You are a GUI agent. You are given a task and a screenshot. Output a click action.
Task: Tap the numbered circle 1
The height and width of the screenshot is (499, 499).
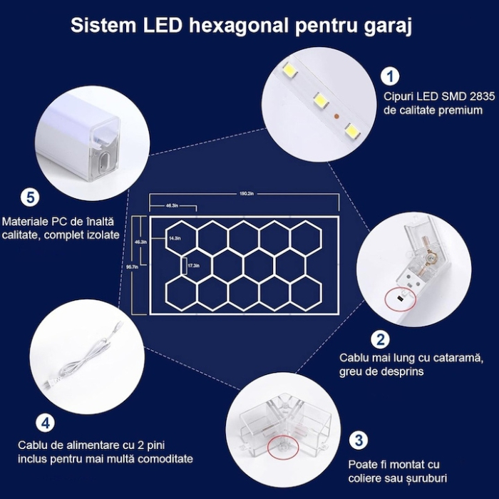point(389,76)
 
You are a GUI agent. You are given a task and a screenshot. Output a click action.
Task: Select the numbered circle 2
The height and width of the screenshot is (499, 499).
point(382,339)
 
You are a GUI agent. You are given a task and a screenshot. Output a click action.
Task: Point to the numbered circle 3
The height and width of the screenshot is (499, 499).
point(359,440)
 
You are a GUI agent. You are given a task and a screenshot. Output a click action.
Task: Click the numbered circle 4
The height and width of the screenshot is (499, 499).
point(45,423)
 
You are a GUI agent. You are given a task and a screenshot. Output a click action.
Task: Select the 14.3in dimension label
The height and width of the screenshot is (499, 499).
point(175,238)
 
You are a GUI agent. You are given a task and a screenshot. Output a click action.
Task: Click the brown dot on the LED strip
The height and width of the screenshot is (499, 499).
point(336,114)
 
